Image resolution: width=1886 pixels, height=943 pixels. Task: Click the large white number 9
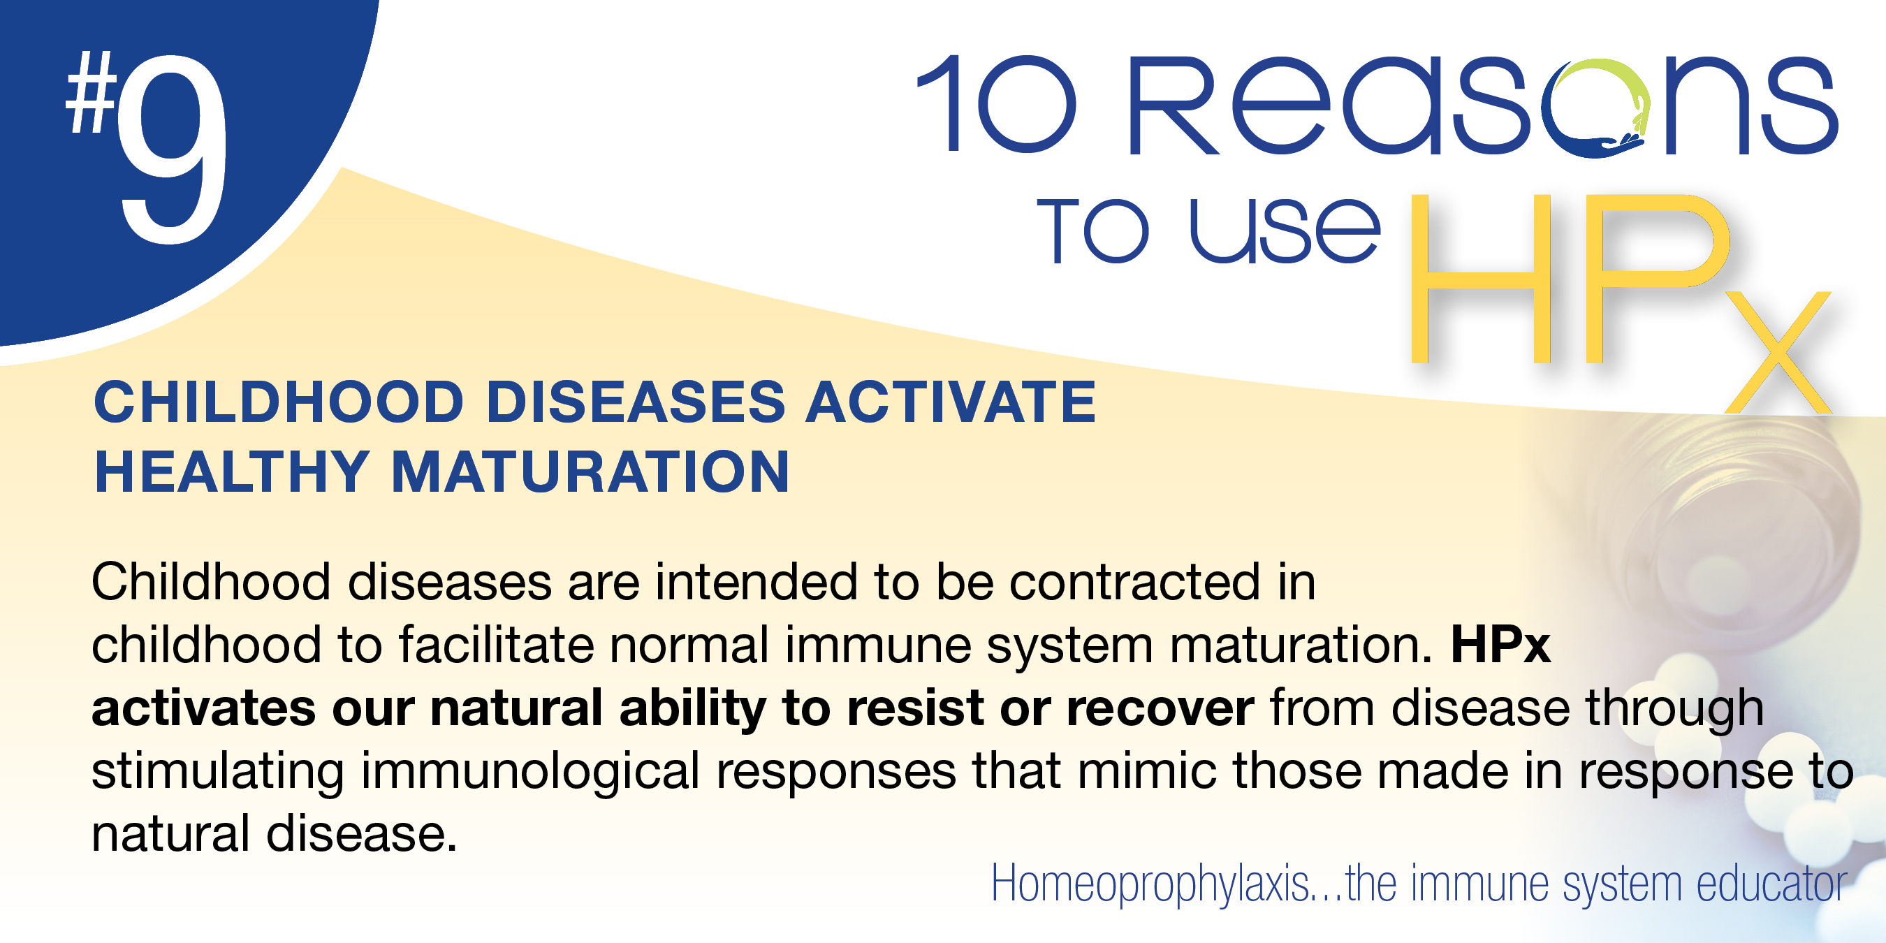[172, 150]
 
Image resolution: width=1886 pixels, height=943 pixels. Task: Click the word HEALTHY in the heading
[232, 472]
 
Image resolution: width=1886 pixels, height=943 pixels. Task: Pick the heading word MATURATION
[591, 472]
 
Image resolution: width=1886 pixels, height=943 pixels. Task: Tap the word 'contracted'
[1135, 582]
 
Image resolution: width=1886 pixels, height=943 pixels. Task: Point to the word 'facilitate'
[496, 645]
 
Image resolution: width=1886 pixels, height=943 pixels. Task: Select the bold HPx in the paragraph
[1500, 645]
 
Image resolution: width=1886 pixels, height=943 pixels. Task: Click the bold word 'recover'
[1160, 710]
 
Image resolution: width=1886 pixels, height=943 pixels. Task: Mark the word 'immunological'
[531, 773]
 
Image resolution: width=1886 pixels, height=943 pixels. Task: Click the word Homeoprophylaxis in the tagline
[1150, 884]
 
